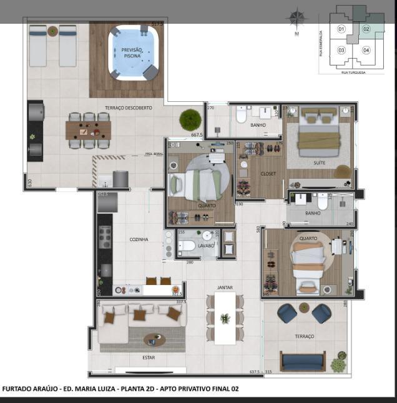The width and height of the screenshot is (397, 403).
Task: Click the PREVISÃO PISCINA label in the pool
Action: click(x=132, y=52)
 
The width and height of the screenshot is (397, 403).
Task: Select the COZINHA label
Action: click(x=139, y=239)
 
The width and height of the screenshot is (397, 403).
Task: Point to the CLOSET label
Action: click(x=250, y=173)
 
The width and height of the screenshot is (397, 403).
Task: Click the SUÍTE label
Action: click(x=319, y=162)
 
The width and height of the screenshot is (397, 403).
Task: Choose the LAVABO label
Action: click(x=206, y=246)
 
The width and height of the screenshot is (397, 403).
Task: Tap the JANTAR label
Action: click(x=225, y=287)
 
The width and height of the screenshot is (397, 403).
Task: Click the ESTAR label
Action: click(x=148, y=357)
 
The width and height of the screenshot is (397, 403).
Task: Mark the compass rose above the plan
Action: click(x=297, y=19)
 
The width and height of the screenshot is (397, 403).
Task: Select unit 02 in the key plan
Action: click(x=366, y=29)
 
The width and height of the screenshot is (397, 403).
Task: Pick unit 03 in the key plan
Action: click(x=341, y=50)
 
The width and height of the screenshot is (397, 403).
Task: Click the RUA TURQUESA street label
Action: click(x=353, y=72)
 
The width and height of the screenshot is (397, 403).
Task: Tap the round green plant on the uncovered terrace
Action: click(x=190, y=119)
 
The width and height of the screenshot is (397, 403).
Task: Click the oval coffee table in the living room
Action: click(x=155, y=340)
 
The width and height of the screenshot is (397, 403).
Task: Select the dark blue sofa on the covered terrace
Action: click(x=303, y=361)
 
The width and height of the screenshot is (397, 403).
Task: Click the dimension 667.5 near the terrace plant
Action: click(x=197, y=134)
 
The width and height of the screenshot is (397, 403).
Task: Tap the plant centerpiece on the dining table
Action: click(x=225, y=319)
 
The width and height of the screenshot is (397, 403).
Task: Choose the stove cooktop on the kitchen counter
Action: click(x=105, y=236)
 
